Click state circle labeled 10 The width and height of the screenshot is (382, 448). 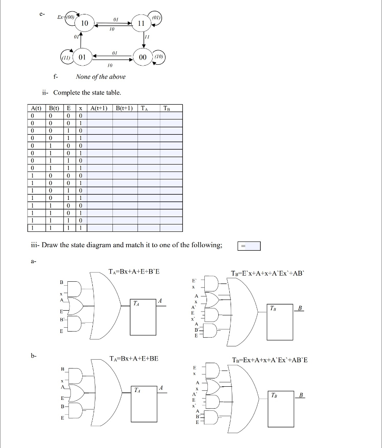click(84, 23)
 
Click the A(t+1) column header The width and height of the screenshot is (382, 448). click(99, 108)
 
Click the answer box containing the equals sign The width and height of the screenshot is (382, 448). click(249, 246)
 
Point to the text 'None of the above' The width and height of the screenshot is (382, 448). click(101, 77)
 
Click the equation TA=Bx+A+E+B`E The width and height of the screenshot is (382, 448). click(134, 272)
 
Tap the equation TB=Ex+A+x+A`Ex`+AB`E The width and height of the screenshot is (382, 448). click(269, 360)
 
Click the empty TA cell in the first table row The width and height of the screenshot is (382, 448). click(149, 115)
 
